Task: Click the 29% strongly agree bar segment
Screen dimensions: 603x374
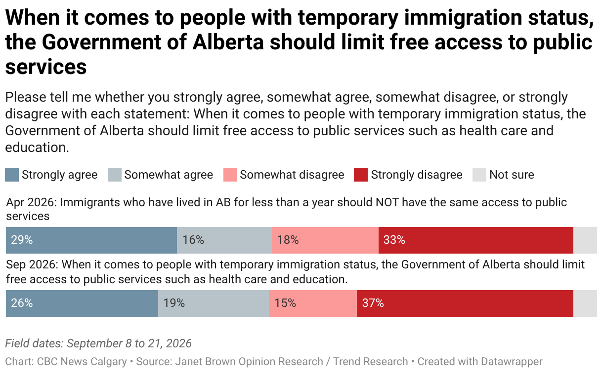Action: click(91, 240)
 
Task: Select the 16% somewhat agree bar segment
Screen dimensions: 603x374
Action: click(224, 240)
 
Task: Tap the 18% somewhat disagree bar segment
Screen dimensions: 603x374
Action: click(325, 240)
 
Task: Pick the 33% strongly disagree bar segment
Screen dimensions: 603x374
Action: click(476, 240)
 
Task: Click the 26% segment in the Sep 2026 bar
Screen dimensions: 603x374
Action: click(82, 303)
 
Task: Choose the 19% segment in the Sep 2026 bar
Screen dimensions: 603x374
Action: click(214, 303)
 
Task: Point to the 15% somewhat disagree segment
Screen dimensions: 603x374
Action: click(313, 303)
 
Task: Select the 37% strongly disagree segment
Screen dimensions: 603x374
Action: click(465, 303)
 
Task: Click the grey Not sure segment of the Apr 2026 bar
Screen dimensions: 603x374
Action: click(585, 240)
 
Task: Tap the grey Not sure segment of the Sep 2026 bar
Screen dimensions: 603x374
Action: click(585, 303)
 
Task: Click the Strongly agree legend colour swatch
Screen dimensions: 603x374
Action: click(12, 175)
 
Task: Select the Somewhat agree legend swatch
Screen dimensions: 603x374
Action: click(115, 175)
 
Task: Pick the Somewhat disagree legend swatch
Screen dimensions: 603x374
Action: click(230, 175)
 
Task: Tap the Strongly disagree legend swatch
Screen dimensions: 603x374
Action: click(361, 175)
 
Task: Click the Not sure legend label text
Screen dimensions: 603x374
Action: click(512, 175)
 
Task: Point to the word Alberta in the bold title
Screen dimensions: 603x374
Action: click(228, 42)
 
